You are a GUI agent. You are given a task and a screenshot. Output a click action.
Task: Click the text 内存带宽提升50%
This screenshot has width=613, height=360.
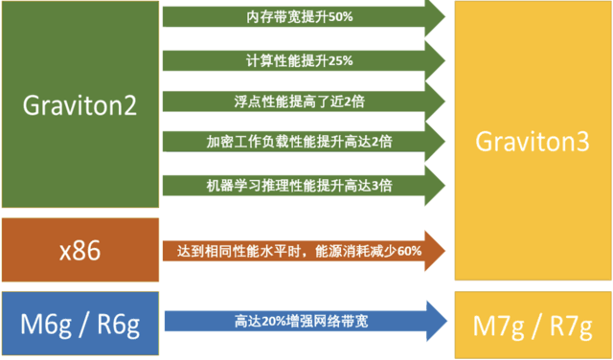pyautogui.click(x=286, y=17)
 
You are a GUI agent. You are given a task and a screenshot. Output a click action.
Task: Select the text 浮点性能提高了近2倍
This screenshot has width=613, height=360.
pyautogui.click(x=286, y=101)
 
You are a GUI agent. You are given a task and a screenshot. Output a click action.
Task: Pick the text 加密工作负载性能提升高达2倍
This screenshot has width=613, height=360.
pyautogui.click(x=286, y=142)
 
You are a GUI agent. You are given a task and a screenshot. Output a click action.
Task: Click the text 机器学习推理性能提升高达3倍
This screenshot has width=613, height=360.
pyautogui.click(x=286, y=184)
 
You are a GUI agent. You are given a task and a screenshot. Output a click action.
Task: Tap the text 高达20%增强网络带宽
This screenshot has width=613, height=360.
pyautogui.click(x=286, y=323)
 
